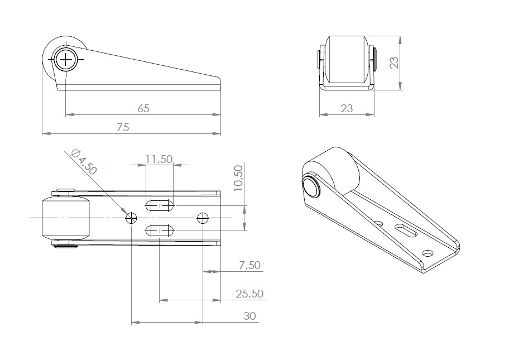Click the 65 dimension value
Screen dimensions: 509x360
(x=143, y=108)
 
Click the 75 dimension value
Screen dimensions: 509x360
(x=123, y=127)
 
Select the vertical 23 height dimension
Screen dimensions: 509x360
(x=394, y=63)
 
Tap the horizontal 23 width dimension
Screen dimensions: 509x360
(x=347, y=108)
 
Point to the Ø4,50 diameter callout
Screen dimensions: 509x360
(x=84, y=162)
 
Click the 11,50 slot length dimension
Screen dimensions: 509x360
(x=159, y=159)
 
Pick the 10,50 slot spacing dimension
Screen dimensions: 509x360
(x=238, y=178)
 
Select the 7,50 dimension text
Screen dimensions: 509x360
(x=249, y=265)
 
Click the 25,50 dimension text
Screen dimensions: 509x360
(x=249, y=294)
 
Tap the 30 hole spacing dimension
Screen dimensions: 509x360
(x=249, y=316)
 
